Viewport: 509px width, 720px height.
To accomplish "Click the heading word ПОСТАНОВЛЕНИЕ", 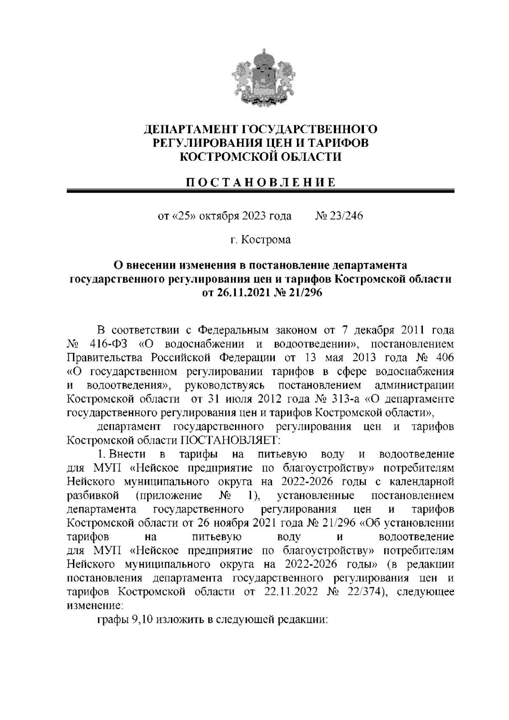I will (260, 182).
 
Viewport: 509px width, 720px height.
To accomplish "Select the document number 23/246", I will (345, 216).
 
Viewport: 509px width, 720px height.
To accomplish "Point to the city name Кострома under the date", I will (266, 240).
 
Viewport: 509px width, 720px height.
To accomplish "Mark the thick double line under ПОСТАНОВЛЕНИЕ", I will (260, 192).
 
